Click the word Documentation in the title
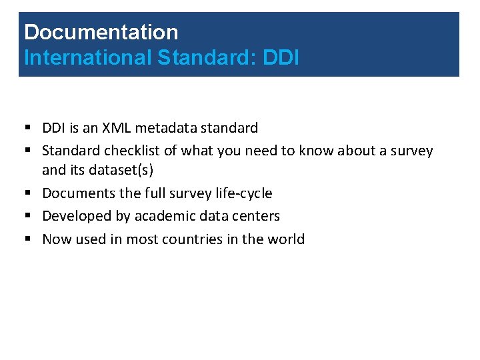pyautogui.click(x=101, y=32)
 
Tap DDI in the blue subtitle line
pyautogui.click(x=281, y=58)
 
